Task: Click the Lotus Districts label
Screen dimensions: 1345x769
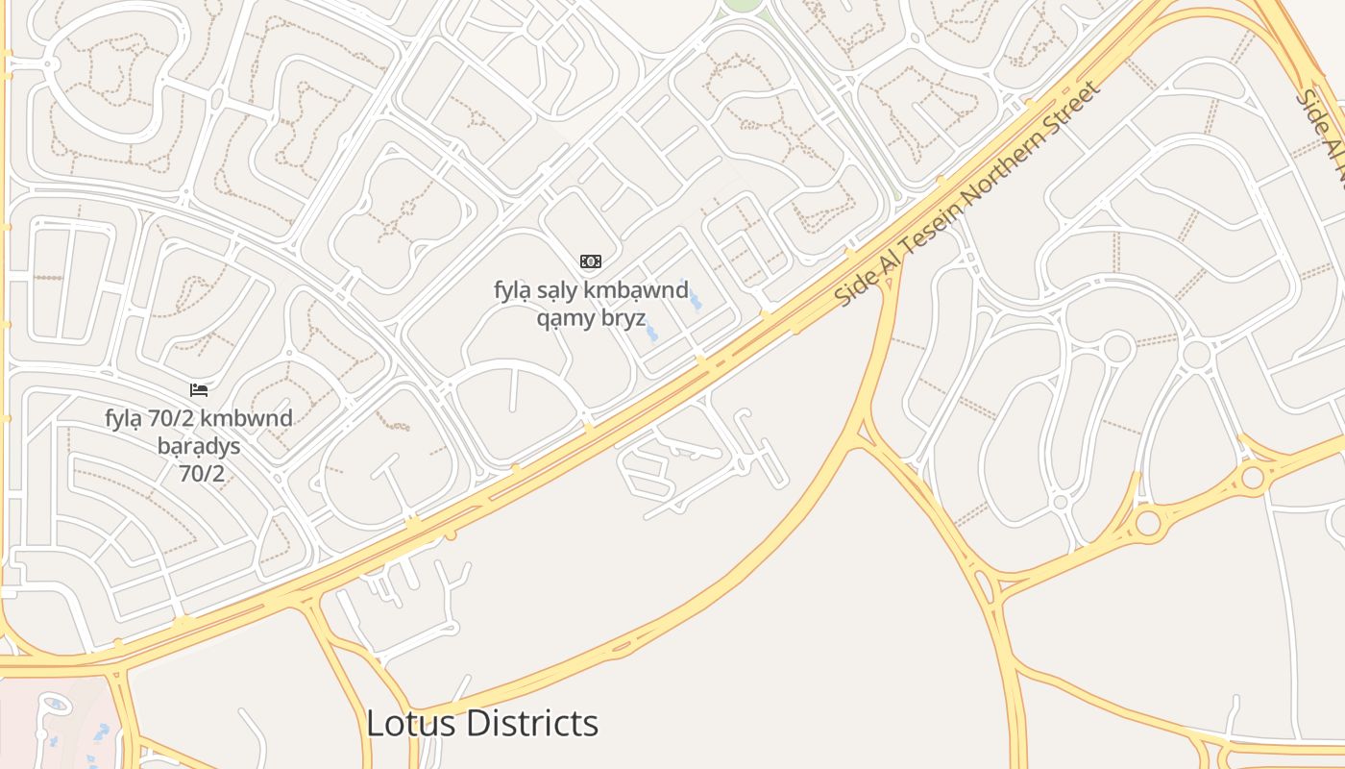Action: pyautogui.click(x=482, y=723)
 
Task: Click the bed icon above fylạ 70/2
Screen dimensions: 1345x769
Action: pyautogui.click(x=199, y=389)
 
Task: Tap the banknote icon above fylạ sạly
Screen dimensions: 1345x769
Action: pyautogui.click(x=591, y=261)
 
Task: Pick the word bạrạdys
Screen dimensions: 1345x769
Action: pyautogui.click(x=199, y=446)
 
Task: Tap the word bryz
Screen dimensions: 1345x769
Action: pyautogui.click(x=623, y=318)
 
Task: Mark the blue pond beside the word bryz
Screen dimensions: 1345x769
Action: pyautogui.click(x=652, y=333)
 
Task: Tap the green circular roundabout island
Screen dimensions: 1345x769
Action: pyautogui.click(x=741, y=5)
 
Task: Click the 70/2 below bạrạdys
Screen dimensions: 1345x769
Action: pyautogui.click(x=201, y=473)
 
